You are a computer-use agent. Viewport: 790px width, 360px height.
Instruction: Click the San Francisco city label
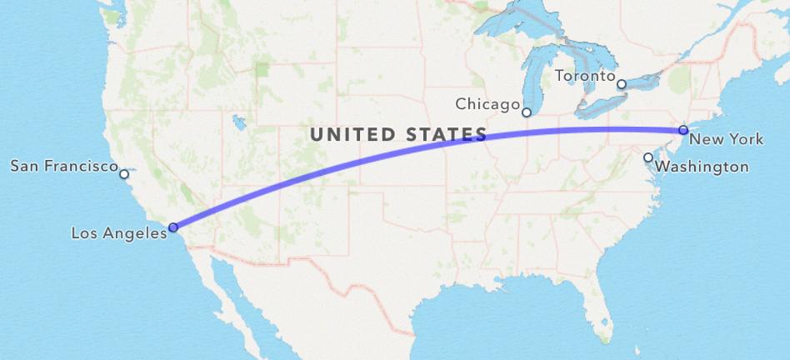[63, 167]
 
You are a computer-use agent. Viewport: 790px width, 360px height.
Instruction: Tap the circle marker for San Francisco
[124, 174]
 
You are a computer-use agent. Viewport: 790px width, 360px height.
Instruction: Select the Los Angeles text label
[118, 234]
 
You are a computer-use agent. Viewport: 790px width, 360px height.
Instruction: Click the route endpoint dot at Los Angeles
[173, 227]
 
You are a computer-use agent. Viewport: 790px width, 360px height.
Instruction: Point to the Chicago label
[487, 104]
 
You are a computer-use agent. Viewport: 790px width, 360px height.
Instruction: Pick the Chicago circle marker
[527, 112]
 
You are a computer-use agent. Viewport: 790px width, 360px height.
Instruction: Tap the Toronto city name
[585, 76]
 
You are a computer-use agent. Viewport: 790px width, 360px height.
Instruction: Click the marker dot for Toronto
[622, 84]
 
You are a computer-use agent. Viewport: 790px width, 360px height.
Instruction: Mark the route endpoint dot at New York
[683, 130]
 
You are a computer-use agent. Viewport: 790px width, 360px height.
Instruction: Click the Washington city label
[702, 167]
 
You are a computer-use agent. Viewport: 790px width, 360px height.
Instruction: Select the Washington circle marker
[648, 157]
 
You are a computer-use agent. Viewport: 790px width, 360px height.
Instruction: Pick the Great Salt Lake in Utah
[240, 123]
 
